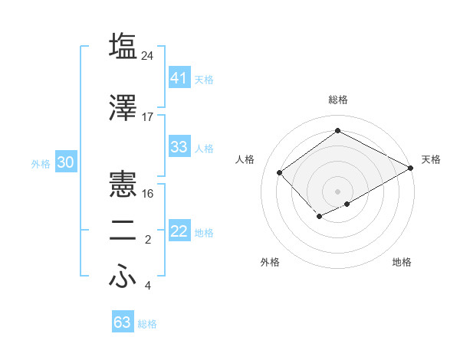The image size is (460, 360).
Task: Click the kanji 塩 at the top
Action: [123, 46]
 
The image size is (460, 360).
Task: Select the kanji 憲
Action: [123, 184]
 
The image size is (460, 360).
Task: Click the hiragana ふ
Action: [123, 277]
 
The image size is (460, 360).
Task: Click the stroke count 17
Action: [148, 116]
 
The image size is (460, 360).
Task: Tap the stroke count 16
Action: [148, 193]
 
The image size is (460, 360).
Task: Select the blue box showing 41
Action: [179, 77]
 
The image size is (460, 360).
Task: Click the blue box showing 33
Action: [179, 147]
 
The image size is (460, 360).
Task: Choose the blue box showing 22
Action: [179, 231]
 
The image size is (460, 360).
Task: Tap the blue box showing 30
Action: [65, 162]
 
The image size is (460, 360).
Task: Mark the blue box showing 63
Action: [123, 322]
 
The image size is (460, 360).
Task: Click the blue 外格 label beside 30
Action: [40, 163]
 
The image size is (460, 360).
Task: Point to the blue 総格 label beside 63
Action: [147, 324]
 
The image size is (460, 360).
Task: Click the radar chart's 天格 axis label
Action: [431, 159]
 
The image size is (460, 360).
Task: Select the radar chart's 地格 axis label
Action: [402, 262]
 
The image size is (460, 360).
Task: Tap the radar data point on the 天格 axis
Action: [412, 168]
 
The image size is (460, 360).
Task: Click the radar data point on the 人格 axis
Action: [280, 172]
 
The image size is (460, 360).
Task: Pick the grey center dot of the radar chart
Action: [337, 190]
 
